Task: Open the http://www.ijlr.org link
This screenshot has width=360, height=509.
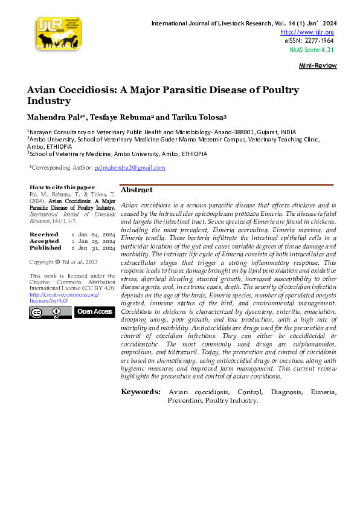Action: click(307, 32)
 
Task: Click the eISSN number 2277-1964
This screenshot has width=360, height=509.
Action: click(318, 41)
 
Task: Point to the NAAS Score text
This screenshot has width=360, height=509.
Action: click(311, 50)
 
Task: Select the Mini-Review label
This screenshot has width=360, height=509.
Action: click(318, 65)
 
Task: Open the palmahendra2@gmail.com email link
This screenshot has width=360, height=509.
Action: click(129, 167)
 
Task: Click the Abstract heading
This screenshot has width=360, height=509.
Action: click(137, 190)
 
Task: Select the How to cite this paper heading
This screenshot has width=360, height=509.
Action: click(62, 187)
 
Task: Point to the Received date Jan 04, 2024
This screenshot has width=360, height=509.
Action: click(96, 234)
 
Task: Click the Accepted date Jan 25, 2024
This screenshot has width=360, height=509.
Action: click(96, 241)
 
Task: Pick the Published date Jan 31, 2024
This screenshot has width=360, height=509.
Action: click(96, 247)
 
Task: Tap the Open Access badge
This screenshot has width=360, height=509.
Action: click(94, 311)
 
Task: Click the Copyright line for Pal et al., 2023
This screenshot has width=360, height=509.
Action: click(63, 262)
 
